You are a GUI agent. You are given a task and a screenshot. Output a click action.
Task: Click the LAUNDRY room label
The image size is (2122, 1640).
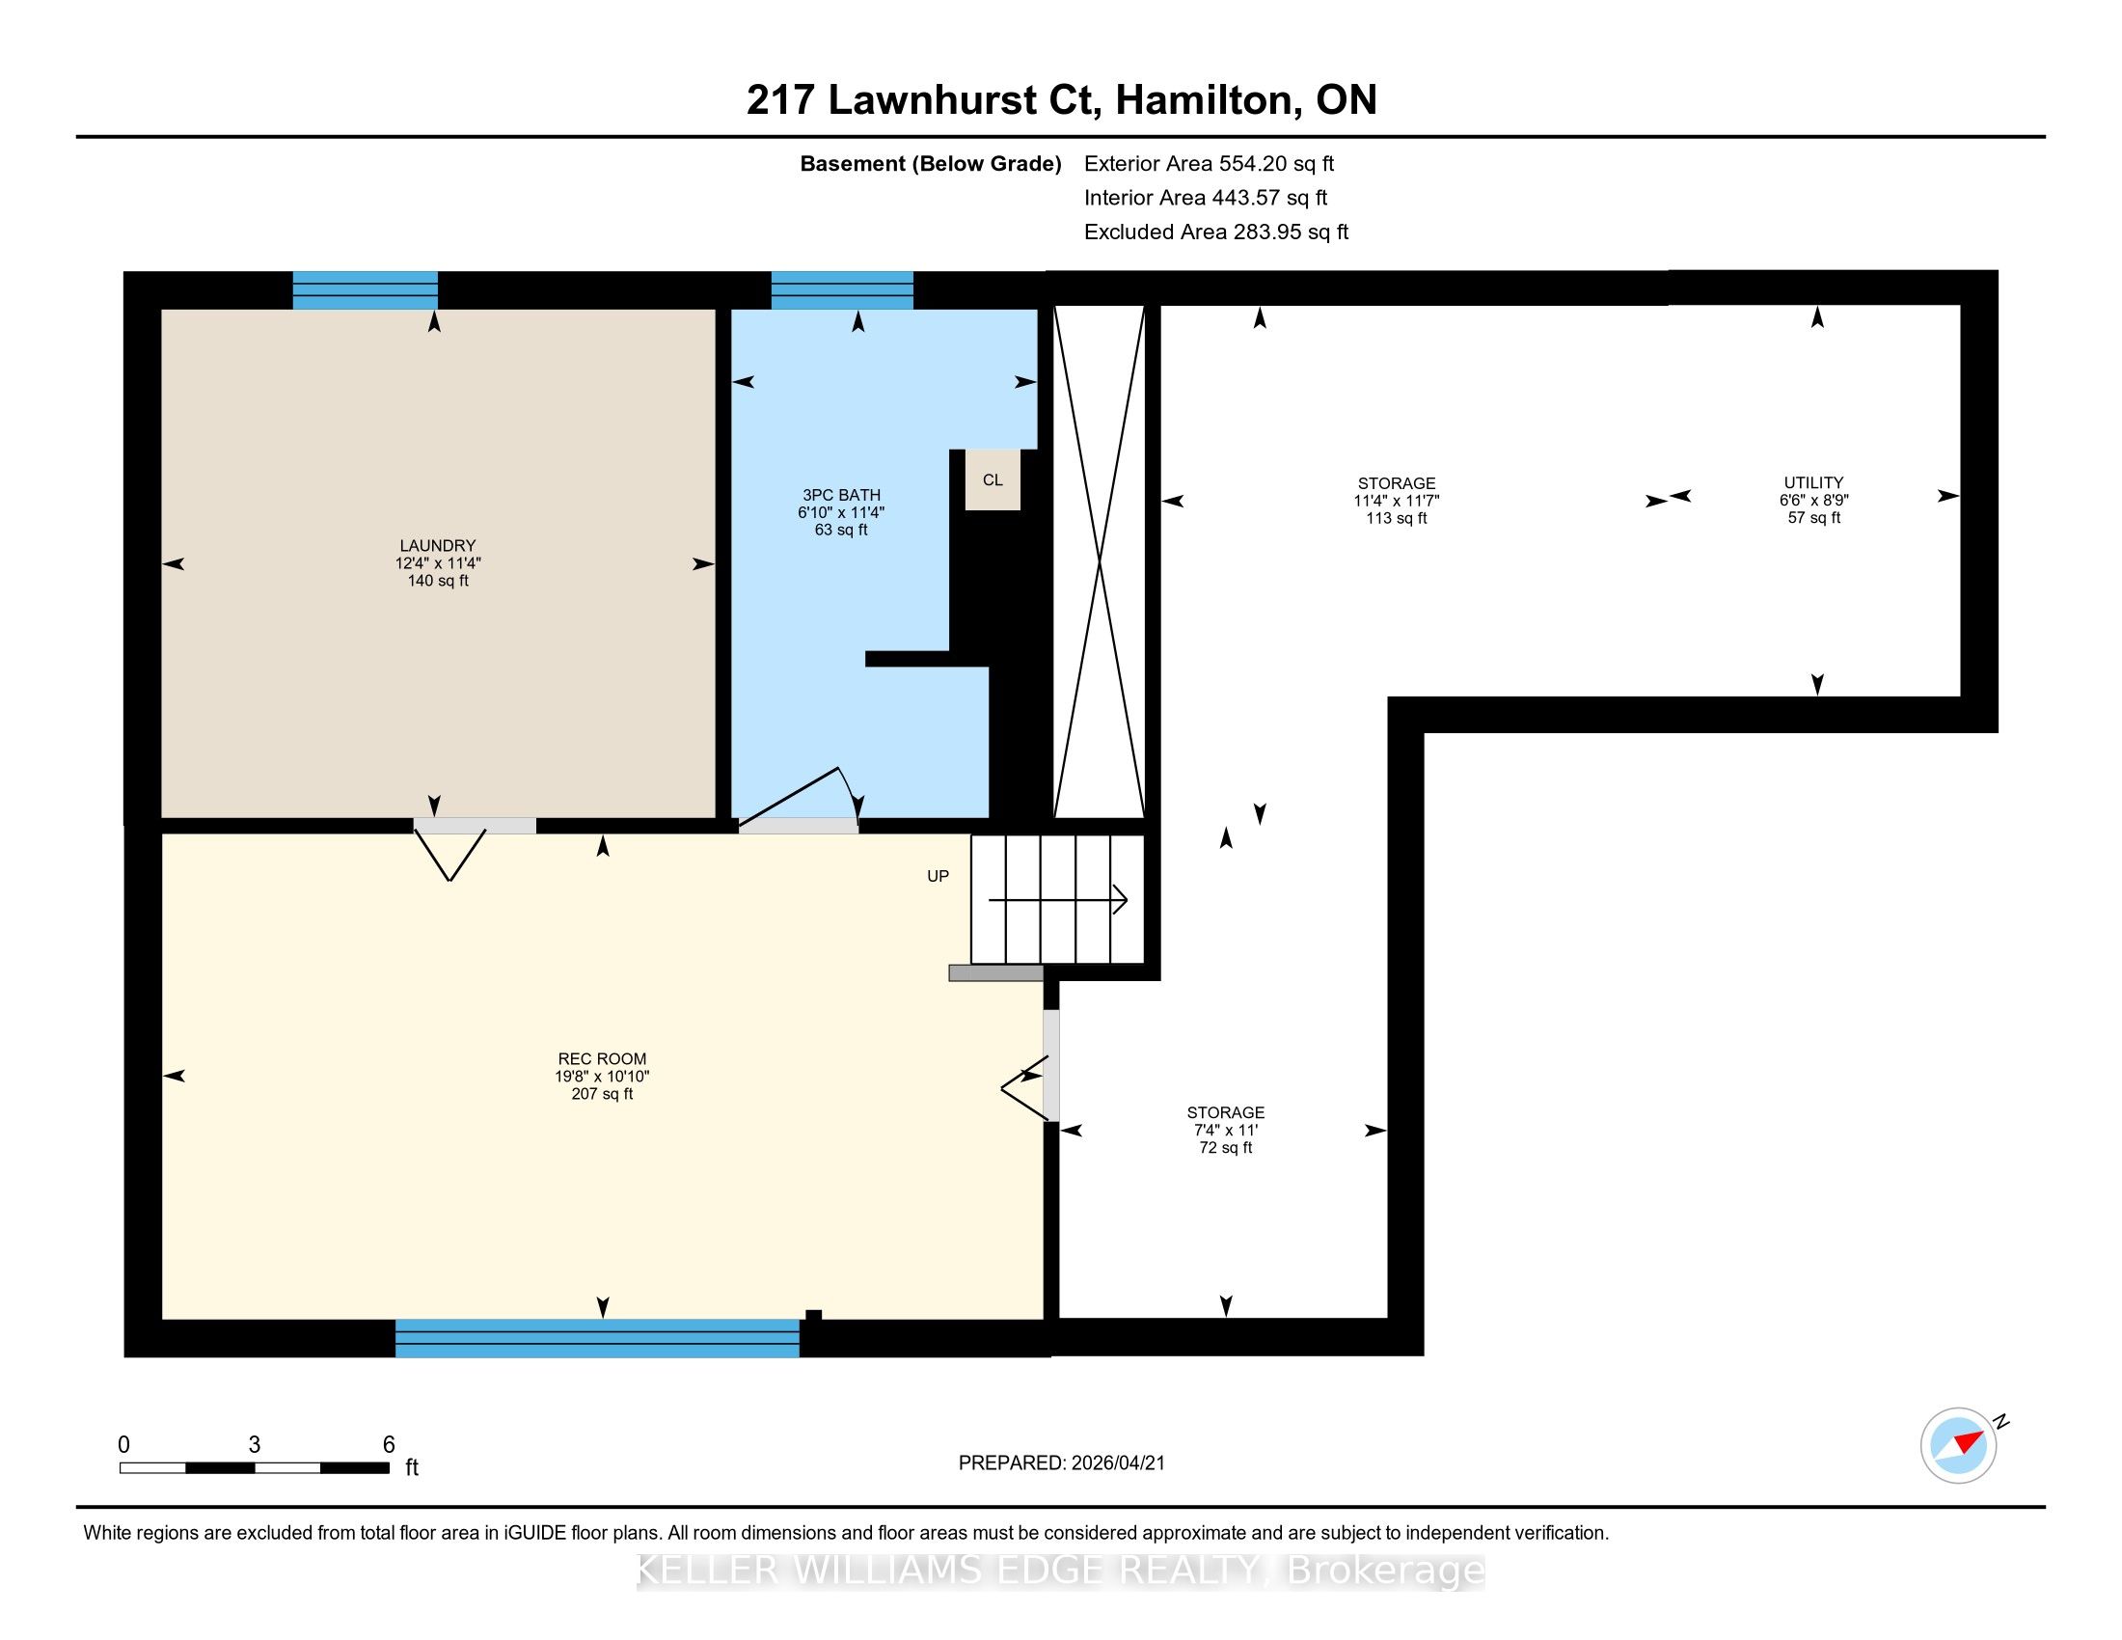[x=437, y=546]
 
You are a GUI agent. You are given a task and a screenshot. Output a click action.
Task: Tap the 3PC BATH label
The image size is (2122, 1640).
[x=841, y=496]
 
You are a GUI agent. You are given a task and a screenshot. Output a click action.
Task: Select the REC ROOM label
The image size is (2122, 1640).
[x=603, y=1059]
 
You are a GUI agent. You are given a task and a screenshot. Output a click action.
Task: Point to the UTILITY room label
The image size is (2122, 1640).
[x=1814, y=483]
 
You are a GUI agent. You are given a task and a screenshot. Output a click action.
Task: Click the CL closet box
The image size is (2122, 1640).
[x=992, y=480]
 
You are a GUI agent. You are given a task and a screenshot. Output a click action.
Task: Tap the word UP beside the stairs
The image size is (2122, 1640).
[x=938, y=876]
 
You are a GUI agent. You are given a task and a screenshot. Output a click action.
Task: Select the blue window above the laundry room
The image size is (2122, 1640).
[x=366, y=290]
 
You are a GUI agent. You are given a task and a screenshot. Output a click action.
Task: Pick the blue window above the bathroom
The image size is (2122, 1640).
[x=842, y=290]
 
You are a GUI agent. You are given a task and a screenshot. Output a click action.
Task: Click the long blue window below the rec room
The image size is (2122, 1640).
[x=598, y=1338]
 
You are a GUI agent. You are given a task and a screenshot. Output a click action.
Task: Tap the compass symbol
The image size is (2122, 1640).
[x=1959, y=1445]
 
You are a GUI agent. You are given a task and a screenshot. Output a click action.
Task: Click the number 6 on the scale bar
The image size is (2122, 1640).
[x=389, y=1445]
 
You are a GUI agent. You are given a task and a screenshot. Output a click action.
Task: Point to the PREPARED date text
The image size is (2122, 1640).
[x=1062, y=1463]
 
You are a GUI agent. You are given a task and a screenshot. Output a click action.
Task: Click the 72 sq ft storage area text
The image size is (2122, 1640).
[x=1226, y=1147]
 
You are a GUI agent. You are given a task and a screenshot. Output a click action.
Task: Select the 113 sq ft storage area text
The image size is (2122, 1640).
[x=1397, y=519]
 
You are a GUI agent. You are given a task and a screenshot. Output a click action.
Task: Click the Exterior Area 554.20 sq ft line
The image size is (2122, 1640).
[x=1210, y=164]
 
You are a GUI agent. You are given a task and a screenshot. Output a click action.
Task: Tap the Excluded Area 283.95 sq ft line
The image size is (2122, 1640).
[x=1216, y=232]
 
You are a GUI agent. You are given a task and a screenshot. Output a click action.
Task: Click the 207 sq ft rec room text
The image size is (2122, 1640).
[x=603, y=1094]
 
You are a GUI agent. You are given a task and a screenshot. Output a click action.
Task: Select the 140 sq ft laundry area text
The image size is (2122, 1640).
[x=438, y=581]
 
